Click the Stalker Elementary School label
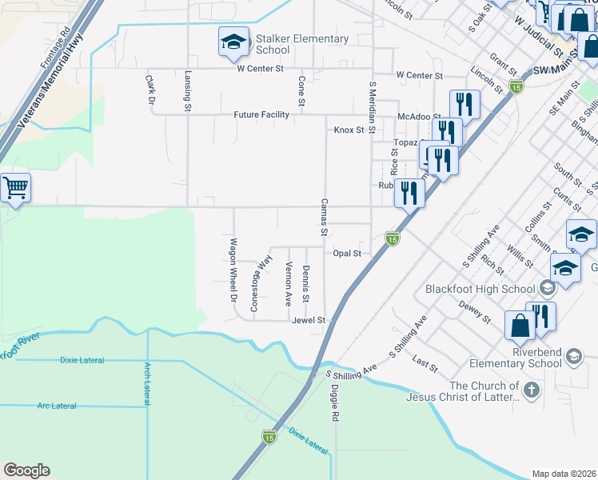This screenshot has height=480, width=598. pyautogui.click(x=302, y=44)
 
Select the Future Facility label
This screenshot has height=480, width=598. pyautogui.click(x=261, y=115)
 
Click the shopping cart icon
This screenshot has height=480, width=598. pyautogui.click(x=15, y=189)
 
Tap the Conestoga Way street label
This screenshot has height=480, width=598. pyautogui.click(x=260, y=283)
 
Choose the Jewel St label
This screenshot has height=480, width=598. pyautogui.click(x=309, y=320)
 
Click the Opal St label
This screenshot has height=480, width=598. pyautogui.click(x=348, y=253)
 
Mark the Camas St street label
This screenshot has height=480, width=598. pyautogui.click(x=325, y=218)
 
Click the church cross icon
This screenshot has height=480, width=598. pyautogui.click(x=533, y=390)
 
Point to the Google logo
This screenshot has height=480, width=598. pyautogui.click(x=26, y=470)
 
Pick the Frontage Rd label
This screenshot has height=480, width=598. pyautogui.click(x=56, y=47)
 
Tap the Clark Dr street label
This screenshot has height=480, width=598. pyautogui.click(x=149, y=90)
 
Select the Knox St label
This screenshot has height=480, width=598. pyautogui.click(x=349, y=130)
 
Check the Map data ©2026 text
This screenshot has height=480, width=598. pyautogui.click(x=563, y=474)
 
